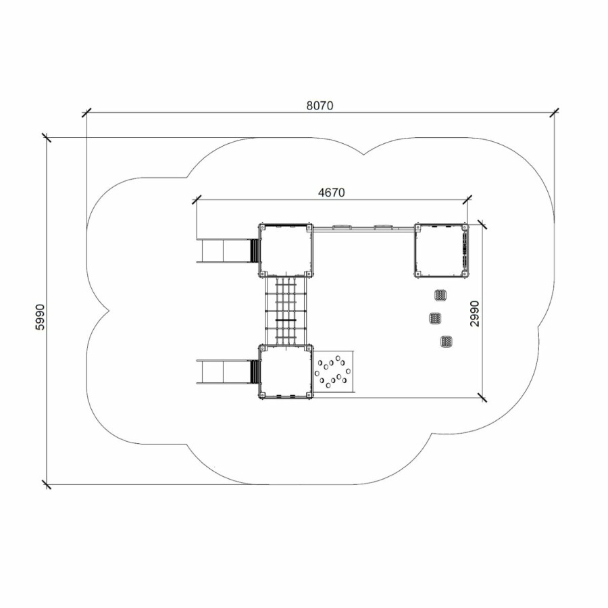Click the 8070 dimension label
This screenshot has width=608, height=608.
tap(320, 105)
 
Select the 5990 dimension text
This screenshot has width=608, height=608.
tap(41, 317)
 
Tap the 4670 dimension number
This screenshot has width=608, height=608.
tap(331, 193)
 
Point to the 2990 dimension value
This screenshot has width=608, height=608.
tap(475, 313)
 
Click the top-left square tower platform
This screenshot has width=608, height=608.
tap(285, 250)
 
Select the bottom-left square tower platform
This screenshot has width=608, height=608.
tap(285, 372)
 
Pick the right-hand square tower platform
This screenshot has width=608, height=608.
tap(442, 250)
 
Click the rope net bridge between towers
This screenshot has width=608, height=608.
tap(286, 311)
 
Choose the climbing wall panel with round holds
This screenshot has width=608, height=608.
tap(334, 372)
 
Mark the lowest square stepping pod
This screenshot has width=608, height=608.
tap(447, 341)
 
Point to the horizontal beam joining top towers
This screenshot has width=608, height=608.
tap(363, 229)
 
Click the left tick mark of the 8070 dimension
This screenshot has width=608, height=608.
tap(86, 112)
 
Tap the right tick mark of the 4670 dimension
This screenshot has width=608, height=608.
tap(467, 199)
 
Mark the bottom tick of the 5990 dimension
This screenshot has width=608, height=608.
tap(47, 484)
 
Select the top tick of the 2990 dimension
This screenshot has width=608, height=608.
tap(482, 224)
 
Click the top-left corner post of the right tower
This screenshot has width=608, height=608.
tap(418, 227)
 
